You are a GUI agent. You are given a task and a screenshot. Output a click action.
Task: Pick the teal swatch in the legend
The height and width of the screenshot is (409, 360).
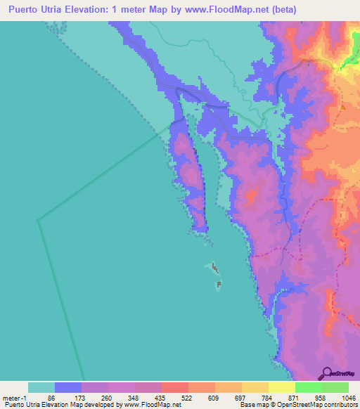[x=41, y=387]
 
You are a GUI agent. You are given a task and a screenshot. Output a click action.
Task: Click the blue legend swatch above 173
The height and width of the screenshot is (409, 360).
[x=68, y=387]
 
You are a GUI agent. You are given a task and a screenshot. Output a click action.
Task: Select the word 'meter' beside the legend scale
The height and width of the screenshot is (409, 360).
[x=12, y=398]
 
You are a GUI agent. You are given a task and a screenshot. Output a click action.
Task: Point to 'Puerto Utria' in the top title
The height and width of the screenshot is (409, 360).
[x=39, y=10]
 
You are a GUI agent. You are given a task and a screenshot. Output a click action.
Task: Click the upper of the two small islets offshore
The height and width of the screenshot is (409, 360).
[x=213, y=267]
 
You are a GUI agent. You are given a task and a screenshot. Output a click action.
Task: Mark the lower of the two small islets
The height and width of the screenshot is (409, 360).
[x=219, y=285]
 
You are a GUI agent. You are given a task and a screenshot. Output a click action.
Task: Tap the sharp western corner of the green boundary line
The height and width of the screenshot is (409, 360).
[x=37, y=220]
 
